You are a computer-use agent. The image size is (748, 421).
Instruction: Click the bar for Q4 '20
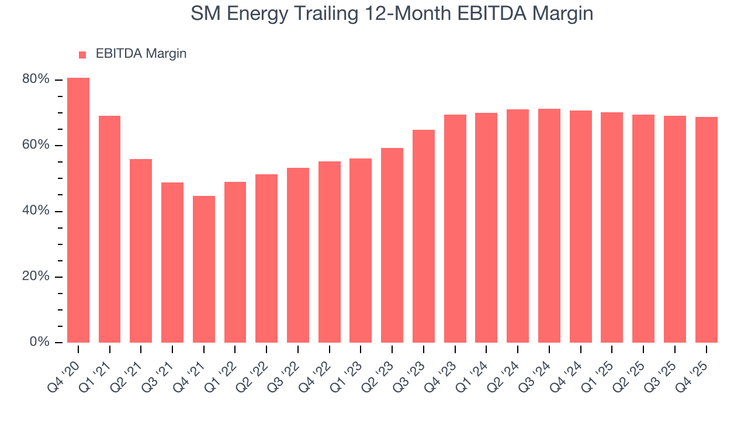[x=78, y=210]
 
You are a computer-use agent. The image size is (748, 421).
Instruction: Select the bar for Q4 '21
[x=204, y=269]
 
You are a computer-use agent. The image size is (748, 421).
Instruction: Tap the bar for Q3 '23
[x=424, y=236]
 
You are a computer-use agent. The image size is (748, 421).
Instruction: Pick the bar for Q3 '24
[x=549, y=226]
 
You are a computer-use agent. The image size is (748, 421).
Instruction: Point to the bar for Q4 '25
[x=706, y=230]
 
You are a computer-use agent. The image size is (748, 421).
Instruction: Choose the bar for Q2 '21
[x=141, y=251]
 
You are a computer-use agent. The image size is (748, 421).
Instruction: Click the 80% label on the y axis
[x=35, y=80]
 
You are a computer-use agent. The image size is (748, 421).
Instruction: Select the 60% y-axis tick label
[x=35, y=145]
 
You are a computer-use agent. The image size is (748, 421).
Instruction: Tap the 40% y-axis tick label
[x=35, y=211]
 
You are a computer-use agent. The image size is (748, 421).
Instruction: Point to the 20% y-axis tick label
[x=35, y=277]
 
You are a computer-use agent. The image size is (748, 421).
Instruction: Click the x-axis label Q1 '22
[x=225, y=367]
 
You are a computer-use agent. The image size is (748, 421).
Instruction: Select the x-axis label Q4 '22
[x=319, y=367]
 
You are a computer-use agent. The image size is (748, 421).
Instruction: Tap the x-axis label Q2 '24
[x=507, y=367]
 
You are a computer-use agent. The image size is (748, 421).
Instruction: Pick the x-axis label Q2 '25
[x=633, y=367]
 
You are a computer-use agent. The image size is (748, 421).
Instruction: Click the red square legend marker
[x=82, y=54]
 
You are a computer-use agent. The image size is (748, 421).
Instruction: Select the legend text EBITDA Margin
[x=141, y=54]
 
